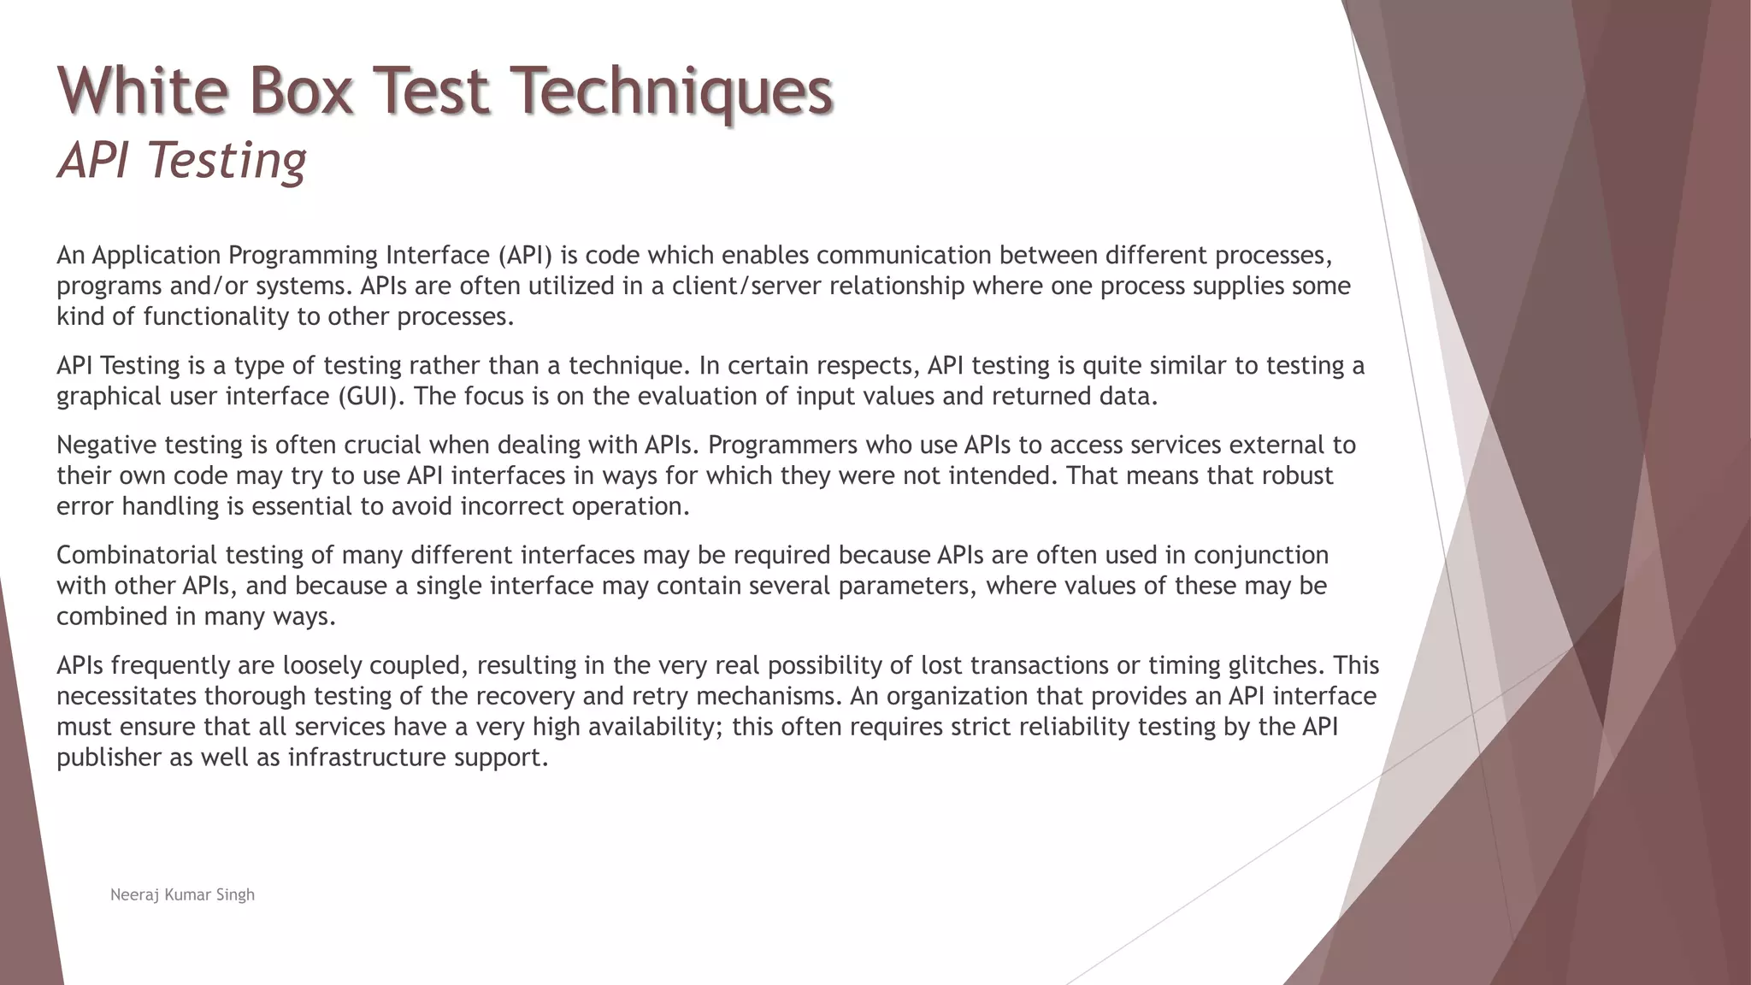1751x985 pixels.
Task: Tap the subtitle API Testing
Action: (181, 161)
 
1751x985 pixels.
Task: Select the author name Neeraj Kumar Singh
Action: (182, 894)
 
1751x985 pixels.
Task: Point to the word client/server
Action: (747, 286)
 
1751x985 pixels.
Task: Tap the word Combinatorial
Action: (137, 555)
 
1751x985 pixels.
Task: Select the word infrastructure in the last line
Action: (367, 758)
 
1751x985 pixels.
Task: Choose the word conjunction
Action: (1261, 555)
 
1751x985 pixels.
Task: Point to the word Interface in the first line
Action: (438, 255)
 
